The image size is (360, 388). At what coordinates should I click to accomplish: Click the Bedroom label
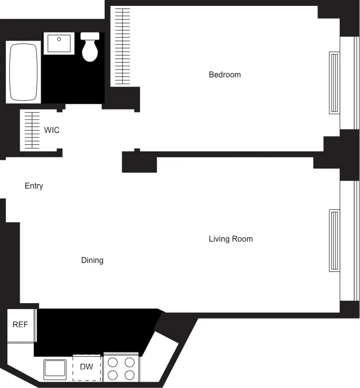pyautogui.click(x=225, y=75)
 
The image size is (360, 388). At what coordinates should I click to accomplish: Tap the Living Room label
pyautogui.click(x=231, y=239)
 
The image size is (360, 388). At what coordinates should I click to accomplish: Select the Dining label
pyautogui.click(x=92, y=260)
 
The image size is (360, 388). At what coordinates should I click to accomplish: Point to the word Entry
pyautogui.click(x=34, y=186)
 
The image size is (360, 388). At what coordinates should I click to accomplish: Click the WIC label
pyautogui.click(x=52, y=130)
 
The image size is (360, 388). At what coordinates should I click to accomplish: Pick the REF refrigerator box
pyautogui.click(x=20, y=325)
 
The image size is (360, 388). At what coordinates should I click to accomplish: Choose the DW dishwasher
pyautogui.click(x=86, y=367)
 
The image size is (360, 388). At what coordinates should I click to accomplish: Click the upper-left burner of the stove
pyautogui.click(x=113, y=362)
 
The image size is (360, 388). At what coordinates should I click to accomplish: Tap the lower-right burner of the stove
pyautogui.click(x=129, y=375)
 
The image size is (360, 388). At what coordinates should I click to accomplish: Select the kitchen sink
pyautogui.click(x=55, y=369)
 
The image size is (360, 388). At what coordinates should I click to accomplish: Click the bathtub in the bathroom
pyautogui.click(x=23, y=72)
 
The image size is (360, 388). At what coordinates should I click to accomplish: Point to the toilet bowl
pyautogui.click(x=90, y=52)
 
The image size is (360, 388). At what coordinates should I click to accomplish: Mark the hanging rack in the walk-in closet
pyautogui.click(x=32, y=130)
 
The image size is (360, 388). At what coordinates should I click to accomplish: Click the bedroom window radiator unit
pyautogui.click(x=335, y=83)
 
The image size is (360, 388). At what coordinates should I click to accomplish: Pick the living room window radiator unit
pyautogui.click(x=335, y=241)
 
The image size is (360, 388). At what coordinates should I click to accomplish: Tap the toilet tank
pyautogui.click(x=90, y=36)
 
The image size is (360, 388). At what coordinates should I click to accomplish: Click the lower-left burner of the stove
pyautogui.click(x=113, y=375)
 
